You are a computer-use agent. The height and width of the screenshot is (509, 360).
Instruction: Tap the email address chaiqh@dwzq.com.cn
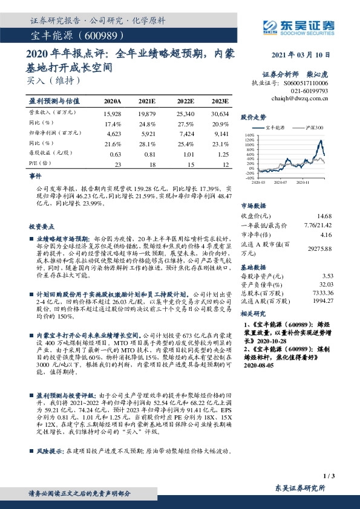coord(299,97)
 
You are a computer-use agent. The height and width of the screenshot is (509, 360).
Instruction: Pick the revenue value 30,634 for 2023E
coord(220,114)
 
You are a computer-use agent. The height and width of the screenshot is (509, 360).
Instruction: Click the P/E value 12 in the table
coord(226,164)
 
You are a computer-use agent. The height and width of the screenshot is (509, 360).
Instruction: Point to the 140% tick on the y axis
coord(249,135)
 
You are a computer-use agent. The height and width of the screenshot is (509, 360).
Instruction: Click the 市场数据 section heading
coord(254,206)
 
